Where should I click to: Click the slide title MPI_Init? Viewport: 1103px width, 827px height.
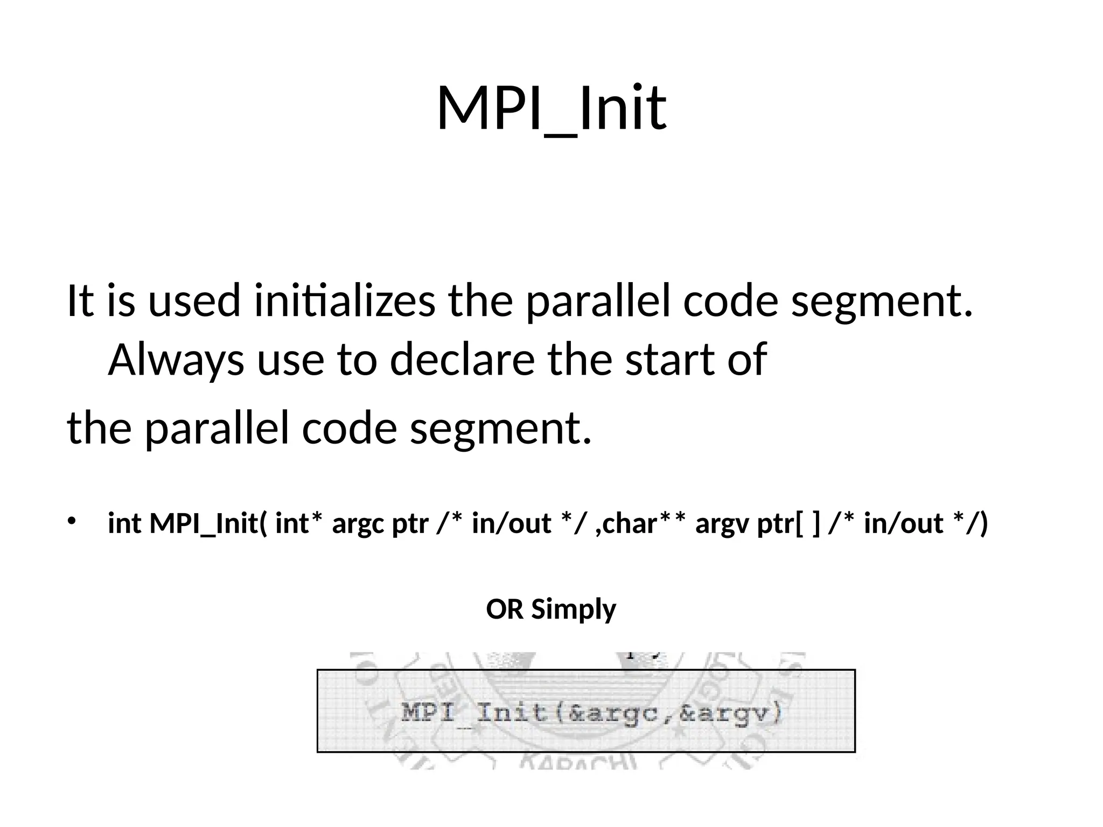[x=551, y=109]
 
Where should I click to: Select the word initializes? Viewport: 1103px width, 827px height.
[x=345, y=301]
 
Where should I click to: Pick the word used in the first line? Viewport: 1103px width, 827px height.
[x=194, y=301]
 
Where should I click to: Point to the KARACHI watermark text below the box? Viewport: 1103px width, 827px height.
[x=578, y=763]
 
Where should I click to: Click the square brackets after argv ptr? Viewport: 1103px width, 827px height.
[x=808, y=523]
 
